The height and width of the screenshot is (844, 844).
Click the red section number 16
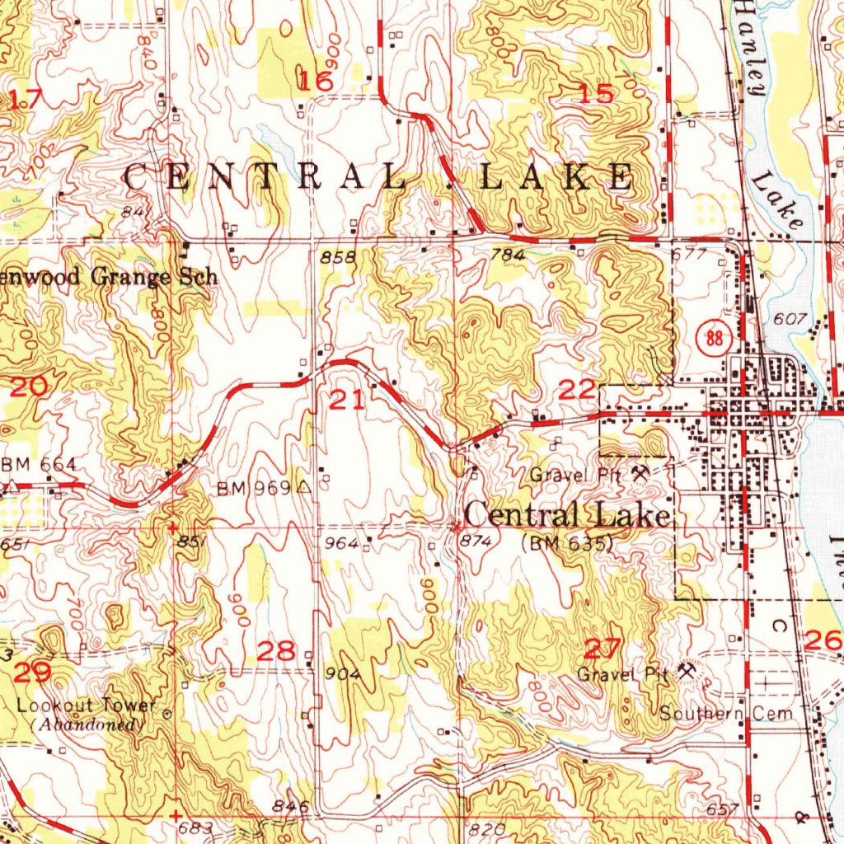click(316, 81)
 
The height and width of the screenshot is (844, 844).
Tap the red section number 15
click(597, 94)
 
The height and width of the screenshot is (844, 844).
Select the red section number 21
click(346, 401)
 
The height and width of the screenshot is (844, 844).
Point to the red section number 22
click(577, 389)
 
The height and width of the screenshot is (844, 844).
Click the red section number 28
click(276, 651)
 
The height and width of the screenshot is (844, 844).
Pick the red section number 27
click(603, 648)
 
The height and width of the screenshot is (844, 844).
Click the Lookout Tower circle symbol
click(167, 714)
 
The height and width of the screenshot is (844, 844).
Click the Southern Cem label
click(726, 714)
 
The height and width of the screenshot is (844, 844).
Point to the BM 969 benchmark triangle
click(305, 487)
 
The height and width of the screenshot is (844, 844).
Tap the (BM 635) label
click(568, 543)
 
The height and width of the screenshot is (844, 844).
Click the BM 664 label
click(40, 466)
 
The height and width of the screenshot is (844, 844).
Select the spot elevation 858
click(338, 257)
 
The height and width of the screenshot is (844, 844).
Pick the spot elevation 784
click(507, 256)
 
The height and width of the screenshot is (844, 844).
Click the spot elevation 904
click(344, 674)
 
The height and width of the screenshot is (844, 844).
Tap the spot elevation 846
click(293, 807)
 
